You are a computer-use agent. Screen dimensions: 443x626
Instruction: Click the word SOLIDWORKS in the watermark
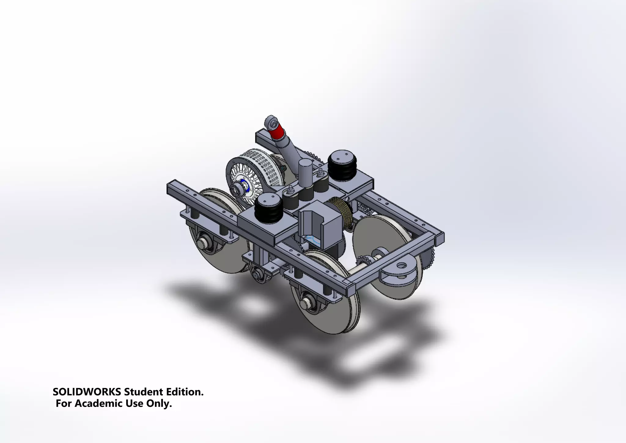87,392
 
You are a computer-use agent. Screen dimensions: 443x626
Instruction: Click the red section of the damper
275,133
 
